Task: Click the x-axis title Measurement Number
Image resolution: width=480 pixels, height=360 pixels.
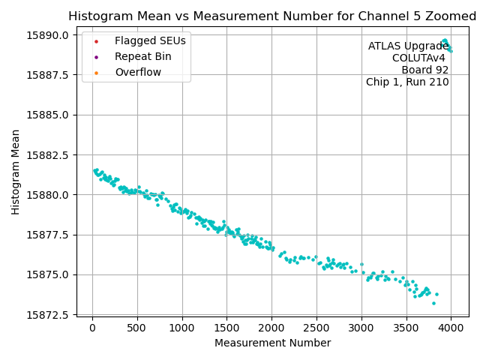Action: pos(272,343)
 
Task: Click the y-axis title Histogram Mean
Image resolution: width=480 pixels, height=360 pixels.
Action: pos(16,172)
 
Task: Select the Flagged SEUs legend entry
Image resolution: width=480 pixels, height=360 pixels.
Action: pos(150,40)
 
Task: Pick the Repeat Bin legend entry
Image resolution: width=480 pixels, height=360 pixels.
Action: pos(142,56)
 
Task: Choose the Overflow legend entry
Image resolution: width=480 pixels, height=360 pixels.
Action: pos(138,72)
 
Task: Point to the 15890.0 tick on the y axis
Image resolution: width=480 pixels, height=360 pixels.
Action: pos(48,35)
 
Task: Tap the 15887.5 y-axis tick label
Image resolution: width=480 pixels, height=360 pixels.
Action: pos(48,75)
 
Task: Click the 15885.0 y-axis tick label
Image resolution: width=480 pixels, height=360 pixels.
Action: pos(48,115)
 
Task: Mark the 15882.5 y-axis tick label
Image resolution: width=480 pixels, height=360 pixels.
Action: pos(48,154)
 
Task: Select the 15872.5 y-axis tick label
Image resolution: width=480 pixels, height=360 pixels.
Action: pos(48,314)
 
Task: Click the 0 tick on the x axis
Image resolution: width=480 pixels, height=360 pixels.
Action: pos(92,327)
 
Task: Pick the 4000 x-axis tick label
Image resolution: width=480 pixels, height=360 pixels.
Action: pos(451,327)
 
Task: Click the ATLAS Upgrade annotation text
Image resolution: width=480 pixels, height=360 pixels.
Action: pos(408,46)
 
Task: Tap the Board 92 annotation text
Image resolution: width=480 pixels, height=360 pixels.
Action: pos(424,70)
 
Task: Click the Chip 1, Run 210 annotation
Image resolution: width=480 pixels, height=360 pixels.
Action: pos(407,82)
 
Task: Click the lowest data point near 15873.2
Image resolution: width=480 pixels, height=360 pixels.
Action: pos(433,303)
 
